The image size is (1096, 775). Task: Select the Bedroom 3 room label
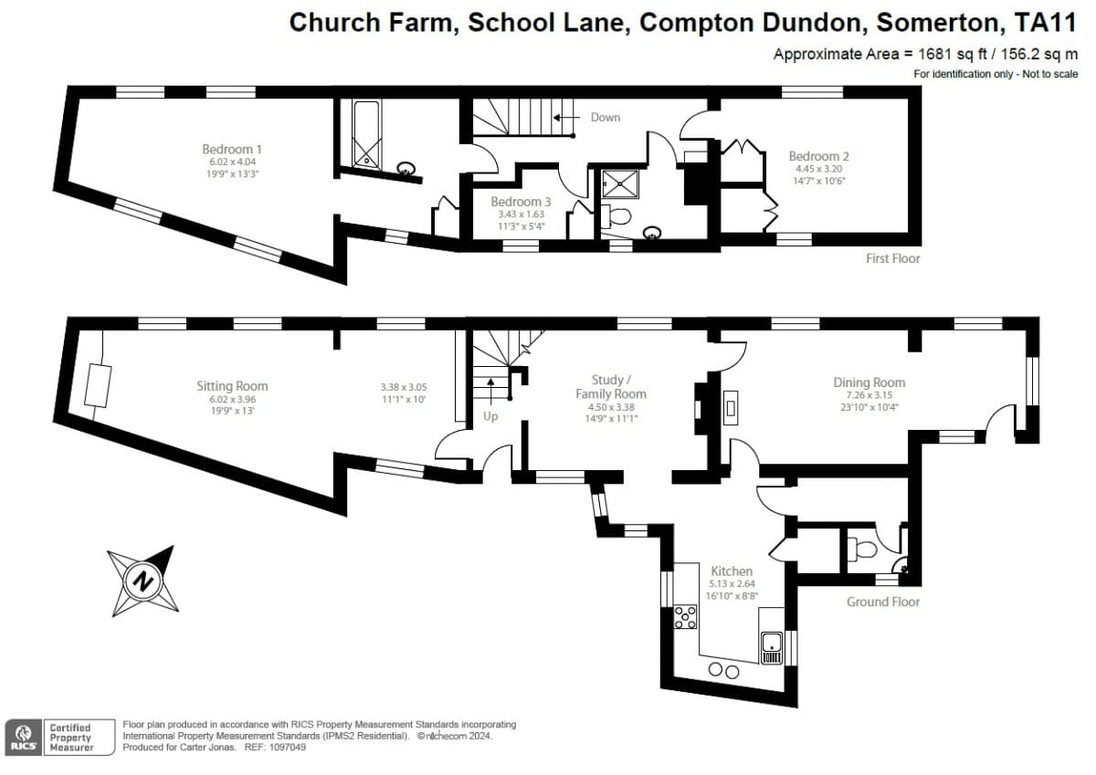click(x=521, y=202)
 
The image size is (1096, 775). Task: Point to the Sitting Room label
click(x=232, y=386)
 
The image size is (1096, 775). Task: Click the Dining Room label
click(x=869, y=382)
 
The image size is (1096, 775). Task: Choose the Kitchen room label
click(x=732, y=571)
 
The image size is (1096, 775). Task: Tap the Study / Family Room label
click(x=618, y=387)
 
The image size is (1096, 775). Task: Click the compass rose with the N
click(x=142, y=581)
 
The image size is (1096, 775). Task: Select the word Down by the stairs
click(x=605, y=117)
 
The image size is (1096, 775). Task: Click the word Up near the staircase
click(x=491, y=416)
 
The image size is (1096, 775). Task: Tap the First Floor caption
click(x=892, y=258)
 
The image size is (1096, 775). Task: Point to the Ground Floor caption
click(x=882, y=602)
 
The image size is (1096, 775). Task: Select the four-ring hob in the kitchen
click(x=684, y=618)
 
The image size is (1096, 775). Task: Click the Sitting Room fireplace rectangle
click(x=98, y=386)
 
